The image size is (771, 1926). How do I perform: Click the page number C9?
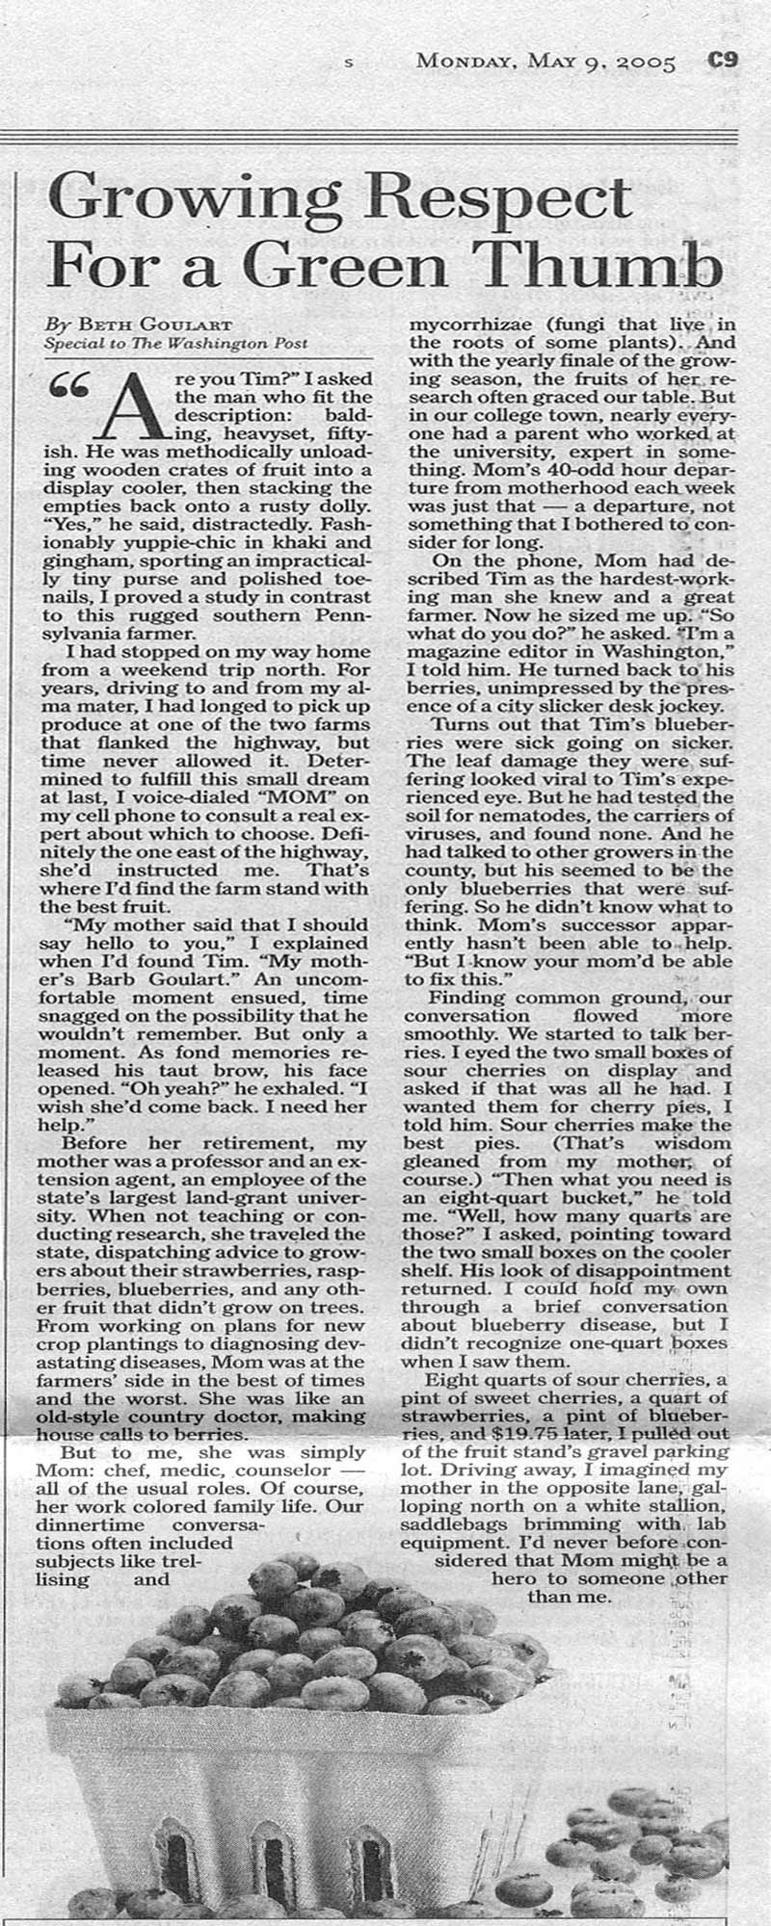722,61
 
